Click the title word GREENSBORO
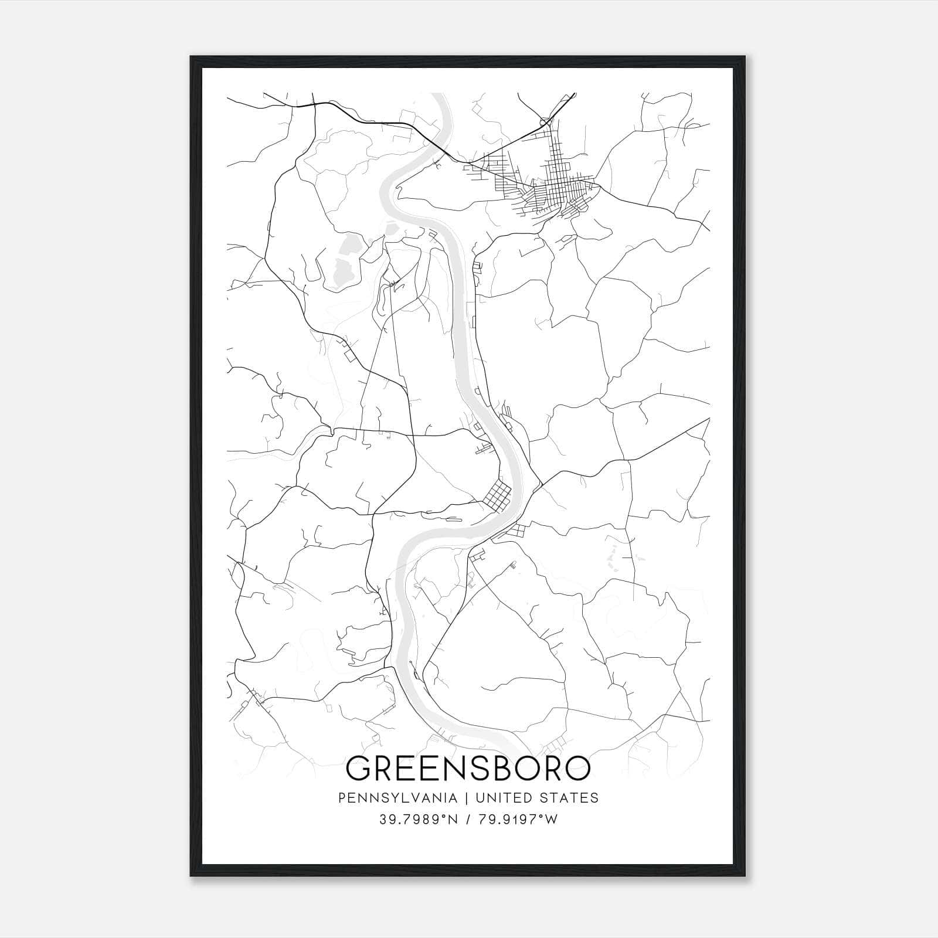468,768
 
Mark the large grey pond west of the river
339,264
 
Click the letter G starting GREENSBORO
359,768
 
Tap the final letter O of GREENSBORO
577,768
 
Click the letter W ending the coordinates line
551,819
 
